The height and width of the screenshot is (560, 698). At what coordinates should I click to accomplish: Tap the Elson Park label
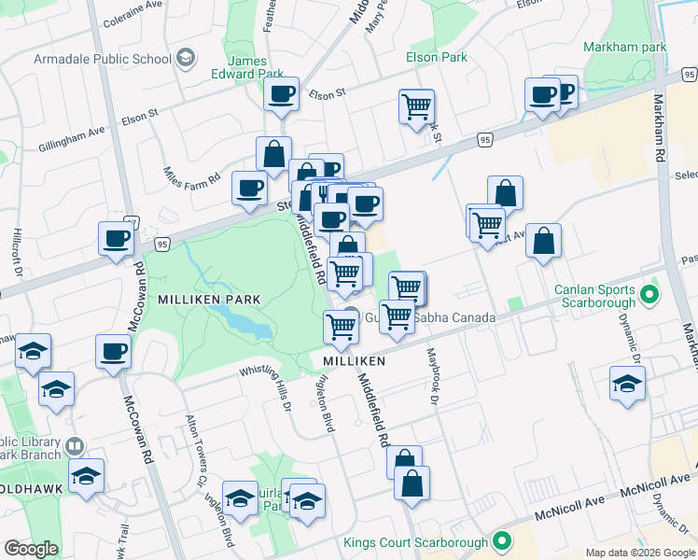coord(437,57)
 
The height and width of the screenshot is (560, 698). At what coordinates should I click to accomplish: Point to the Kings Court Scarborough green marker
coord(502,541)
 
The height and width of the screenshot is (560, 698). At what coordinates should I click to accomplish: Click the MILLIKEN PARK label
coord(209,299)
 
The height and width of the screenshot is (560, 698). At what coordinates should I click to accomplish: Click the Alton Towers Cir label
coord(196,450)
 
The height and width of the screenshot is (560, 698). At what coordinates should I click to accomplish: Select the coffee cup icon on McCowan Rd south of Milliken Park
coord(114,352)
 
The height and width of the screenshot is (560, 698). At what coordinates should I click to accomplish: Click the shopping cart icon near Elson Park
coord(416,105)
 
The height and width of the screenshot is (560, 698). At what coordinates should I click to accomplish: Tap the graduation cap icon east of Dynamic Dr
coord(627,383)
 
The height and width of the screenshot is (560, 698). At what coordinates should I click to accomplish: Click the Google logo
coord(31,549)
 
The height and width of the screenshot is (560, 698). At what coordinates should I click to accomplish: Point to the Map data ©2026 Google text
coord(639,552)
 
